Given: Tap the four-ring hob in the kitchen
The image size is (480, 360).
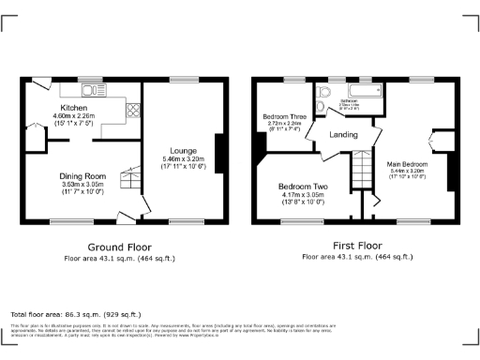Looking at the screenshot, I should tap(133, 108).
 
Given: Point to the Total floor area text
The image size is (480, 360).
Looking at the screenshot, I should tap(75, 314).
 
